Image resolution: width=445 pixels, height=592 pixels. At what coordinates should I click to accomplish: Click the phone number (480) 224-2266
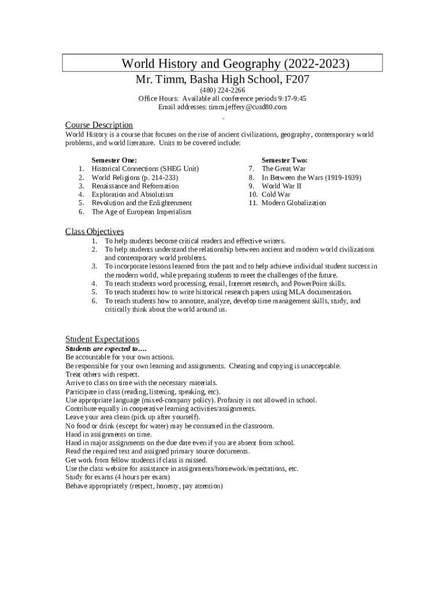click(222, 90)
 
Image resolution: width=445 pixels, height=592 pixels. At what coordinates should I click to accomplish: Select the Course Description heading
click(99, 125)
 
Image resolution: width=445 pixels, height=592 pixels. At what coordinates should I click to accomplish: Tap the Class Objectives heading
click(94, 232)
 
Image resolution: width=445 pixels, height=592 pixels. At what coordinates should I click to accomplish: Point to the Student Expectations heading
click(102, 339)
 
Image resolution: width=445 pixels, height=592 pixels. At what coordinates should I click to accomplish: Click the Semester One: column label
click(114, 160)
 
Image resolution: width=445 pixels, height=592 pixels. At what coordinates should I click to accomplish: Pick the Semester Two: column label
click(284, 160)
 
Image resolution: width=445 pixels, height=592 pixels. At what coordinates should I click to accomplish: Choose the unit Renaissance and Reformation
click(135, 186)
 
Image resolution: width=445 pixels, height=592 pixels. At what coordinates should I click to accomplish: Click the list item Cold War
click(276, 195)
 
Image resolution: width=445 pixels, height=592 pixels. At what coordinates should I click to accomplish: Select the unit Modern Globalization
click(294, 203)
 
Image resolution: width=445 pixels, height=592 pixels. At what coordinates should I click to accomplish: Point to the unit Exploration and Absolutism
click(132, 195)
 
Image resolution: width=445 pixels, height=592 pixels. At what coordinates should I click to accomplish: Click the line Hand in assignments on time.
click(109, 434)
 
